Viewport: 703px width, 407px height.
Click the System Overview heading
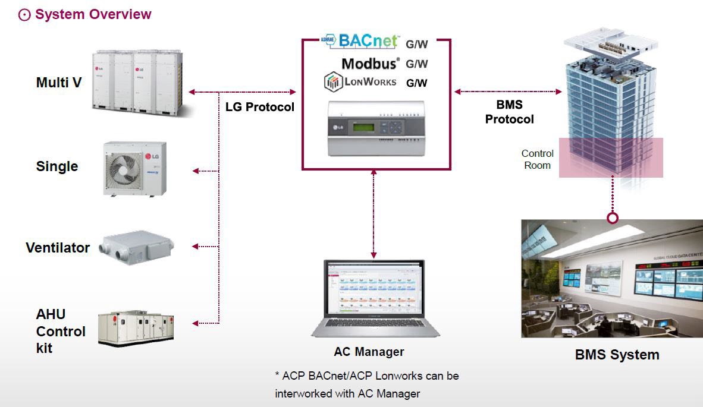pos(92,14)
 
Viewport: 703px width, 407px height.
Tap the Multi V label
pos(59,83)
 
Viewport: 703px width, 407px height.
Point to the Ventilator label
pos(58,248)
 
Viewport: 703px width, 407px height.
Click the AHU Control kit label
pos(60,331)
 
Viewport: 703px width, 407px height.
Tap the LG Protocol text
pos(260,108)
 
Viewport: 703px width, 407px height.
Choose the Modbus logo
pos(370,63)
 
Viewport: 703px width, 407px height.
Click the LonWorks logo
pos(360,82)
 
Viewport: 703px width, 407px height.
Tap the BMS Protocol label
pos(509,112)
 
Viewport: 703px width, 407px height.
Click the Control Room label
pos(538,159)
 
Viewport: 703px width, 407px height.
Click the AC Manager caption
pos(369,352)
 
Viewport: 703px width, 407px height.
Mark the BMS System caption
pos(617,355)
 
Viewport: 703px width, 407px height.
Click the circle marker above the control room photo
pos(613,218)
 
